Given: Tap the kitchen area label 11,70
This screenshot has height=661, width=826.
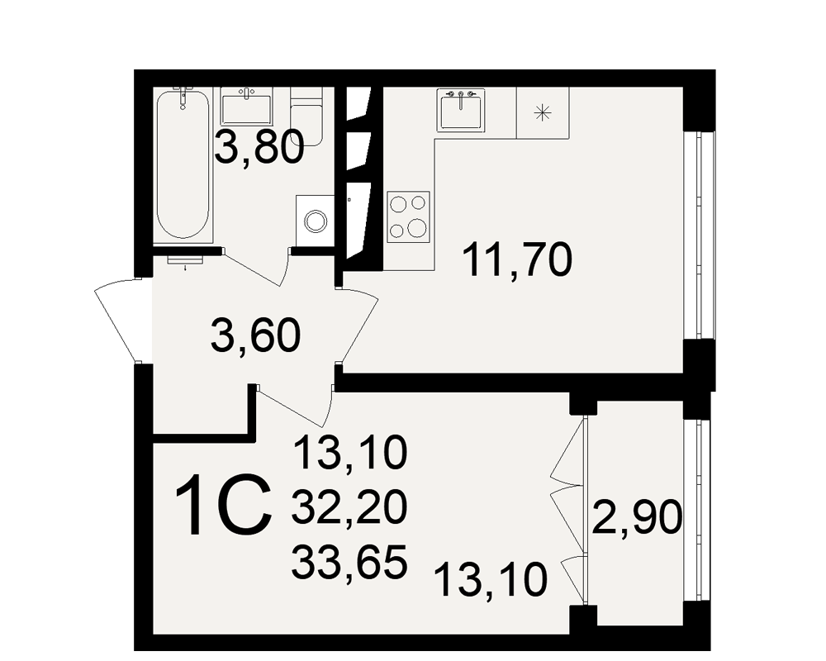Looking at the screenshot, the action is [517, 259].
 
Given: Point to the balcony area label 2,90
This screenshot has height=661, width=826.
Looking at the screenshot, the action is [638, 517].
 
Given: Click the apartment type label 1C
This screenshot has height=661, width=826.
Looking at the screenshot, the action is [224, 506].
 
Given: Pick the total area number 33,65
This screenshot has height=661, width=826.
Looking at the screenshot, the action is [349, 562].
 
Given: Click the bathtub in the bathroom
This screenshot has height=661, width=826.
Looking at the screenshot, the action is [183, 164].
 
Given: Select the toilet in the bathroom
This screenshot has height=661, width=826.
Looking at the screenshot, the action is [306, 117].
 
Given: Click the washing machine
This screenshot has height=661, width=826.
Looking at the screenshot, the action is [315, 221].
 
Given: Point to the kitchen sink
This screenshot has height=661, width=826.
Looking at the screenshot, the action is [461, 109].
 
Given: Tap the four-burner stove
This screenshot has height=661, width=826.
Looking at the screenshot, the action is [408, 216].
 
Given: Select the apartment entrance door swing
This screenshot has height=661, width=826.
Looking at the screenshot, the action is [117, 320].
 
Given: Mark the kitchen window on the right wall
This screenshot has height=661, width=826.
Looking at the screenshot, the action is [700, 235].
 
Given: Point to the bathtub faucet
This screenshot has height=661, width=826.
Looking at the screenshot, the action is [183, 97].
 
